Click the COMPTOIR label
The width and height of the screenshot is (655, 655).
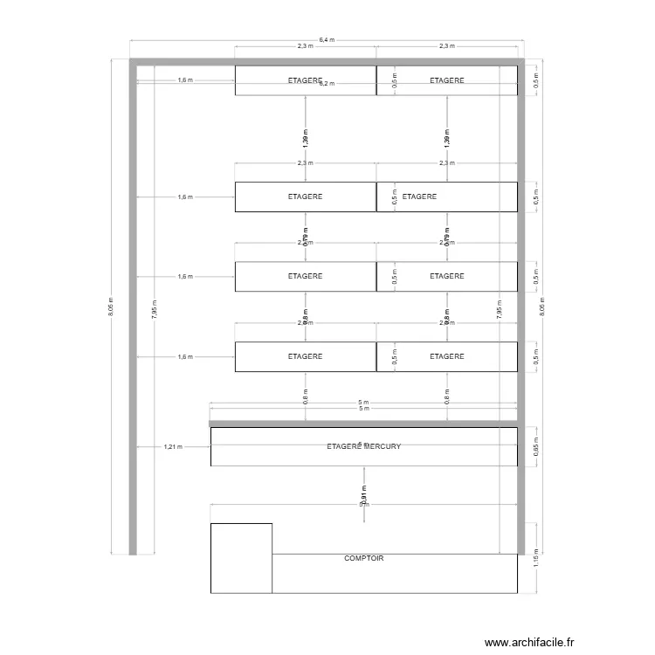click(364, 558)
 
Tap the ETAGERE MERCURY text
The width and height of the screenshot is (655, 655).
click(363, 446)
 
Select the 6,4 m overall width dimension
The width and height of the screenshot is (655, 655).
click(327, 39)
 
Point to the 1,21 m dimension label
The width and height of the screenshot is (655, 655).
click(172, 446)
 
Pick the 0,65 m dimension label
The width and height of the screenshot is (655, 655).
click(536, 446)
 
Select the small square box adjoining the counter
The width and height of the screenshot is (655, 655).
click(241, 558)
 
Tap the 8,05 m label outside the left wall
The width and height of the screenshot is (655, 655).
click(111, 307)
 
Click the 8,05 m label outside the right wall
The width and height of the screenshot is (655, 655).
click(542, 307)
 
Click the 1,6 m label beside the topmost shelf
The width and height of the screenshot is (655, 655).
click(184, 80)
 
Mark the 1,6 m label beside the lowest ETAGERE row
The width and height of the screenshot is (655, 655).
click(184, 356)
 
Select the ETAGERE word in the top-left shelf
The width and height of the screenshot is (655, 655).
click(305, 79)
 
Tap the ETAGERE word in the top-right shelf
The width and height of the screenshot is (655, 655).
click(447, 80)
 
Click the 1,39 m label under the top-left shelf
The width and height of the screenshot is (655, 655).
click(305, 137)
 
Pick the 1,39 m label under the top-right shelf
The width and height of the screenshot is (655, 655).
click(447, 137)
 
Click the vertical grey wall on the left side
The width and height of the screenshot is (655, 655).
click(133, 306)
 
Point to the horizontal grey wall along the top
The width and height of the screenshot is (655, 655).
click(327, 62)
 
